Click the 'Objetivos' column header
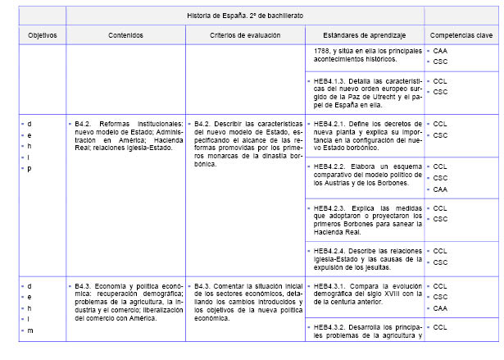[42, 36]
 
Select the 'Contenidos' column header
[125, 36]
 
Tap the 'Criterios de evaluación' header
[244, 36]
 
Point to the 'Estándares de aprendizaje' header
[364, 36]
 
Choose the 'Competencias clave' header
[461, 36]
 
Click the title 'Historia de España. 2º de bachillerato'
[244, 15]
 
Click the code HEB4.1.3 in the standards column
[331, 81]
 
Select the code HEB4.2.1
[331, 124]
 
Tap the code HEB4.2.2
[331, 166]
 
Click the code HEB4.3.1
[331, 286]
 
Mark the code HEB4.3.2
[331, 328]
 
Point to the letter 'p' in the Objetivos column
[30, 168]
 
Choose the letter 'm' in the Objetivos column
[30, 330]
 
